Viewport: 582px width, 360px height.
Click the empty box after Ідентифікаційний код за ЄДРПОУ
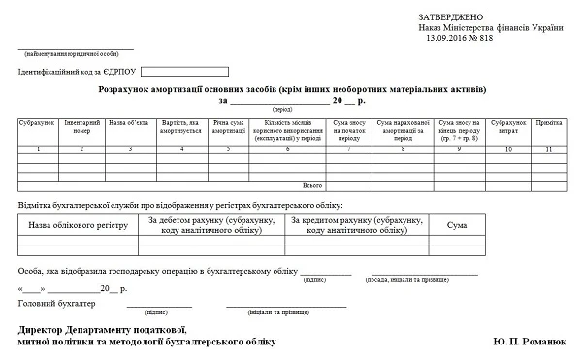183,71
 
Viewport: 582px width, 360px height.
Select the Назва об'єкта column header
129,123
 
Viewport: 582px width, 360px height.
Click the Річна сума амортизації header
228,127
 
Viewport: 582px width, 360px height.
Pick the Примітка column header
548,123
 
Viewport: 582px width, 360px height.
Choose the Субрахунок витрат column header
507,127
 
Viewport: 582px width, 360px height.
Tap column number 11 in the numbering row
548,149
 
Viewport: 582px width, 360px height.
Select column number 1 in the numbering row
36,149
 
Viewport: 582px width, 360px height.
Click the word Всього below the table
312,184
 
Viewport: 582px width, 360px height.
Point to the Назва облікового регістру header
78,225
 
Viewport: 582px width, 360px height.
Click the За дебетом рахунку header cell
211,225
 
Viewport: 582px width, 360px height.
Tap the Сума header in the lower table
456,225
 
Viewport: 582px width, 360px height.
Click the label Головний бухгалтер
57,304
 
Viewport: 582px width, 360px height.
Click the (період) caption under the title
282,109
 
